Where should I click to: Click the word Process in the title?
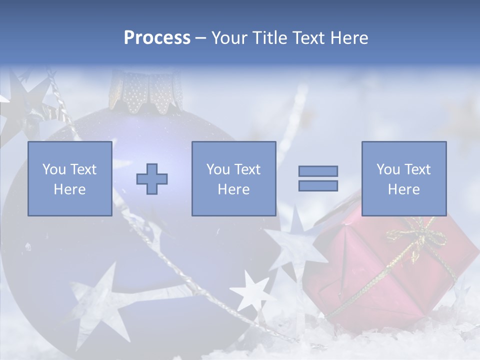tap(157, 38)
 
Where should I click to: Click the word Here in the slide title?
tap(349, 38)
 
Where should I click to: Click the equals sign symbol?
tap(318, 178)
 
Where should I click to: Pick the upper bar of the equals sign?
tap(318, 171)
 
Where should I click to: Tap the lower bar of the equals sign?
tap(318, 185)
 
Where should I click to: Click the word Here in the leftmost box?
tap(69, 189)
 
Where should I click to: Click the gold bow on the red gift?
tap(418, 235)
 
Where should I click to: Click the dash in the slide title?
tap(201, 38)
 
